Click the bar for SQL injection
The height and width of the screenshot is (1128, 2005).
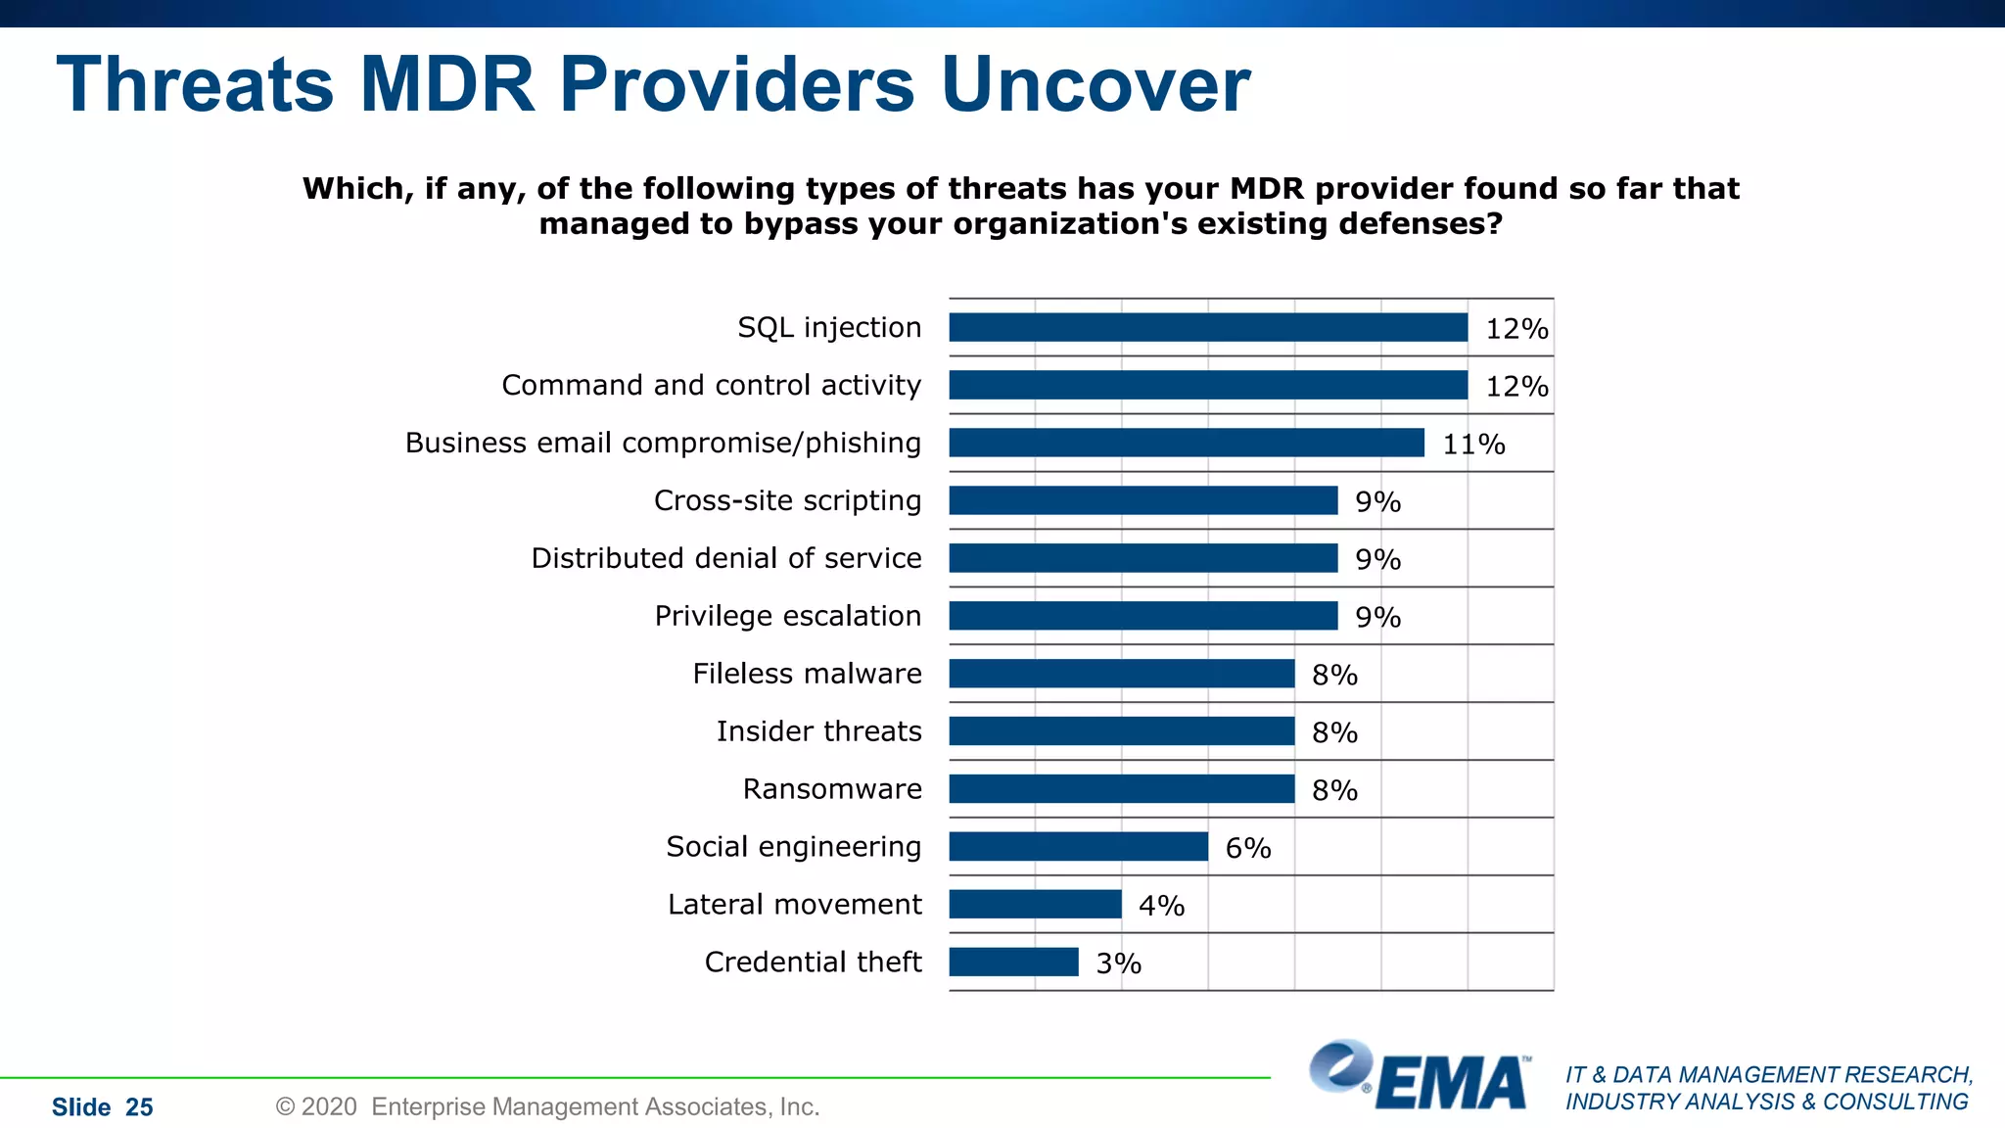click(x=1207, y=327)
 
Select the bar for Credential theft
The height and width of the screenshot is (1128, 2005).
click(x=1013, y=962)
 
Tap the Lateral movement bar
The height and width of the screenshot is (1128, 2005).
click(x=1035, y=904)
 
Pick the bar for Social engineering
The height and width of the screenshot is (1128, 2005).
click(x=1078, y=846)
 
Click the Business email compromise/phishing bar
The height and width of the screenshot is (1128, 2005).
click(x=1186, y=443)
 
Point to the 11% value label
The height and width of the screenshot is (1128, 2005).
click(x=1473, y=445)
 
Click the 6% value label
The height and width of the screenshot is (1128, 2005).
click(x=1248, y=848)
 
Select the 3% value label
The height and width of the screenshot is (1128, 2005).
click(x=1118, y=963)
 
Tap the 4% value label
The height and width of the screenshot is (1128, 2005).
click(x=1161, y=906)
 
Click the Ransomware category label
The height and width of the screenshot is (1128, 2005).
click(x=832, y=789)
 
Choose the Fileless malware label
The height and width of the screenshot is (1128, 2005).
click(x=807, y=674)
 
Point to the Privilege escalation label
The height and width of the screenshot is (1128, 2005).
click(x=788, y=616)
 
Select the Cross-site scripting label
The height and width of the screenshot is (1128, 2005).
click(x=787, y=500)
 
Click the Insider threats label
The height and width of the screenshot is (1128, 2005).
click(x=818, y=731)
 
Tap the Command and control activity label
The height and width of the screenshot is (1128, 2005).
click(x=711, y=385)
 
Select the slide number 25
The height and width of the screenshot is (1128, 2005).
click(x=139, y=1107)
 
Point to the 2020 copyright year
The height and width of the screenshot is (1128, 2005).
click(x=329, y=1107)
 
